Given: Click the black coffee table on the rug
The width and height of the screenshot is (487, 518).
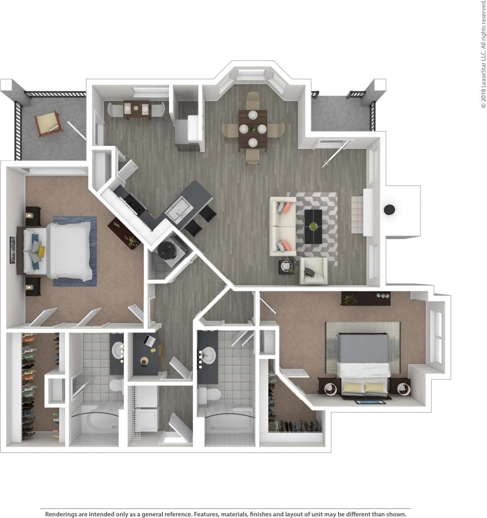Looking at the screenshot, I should [313, 226].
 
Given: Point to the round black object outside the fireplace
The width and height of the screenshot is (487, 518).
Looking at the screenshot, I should [389, 210].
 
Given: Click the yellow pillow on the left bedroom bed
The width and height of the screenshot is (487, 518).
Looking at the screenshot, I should [41, 251].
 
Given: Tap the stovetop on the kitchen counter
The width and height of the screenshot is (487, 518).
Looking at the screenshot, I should [132, 203].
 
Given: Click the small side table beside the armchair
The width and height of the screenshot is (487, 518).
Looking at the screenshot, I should [286, 266].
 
